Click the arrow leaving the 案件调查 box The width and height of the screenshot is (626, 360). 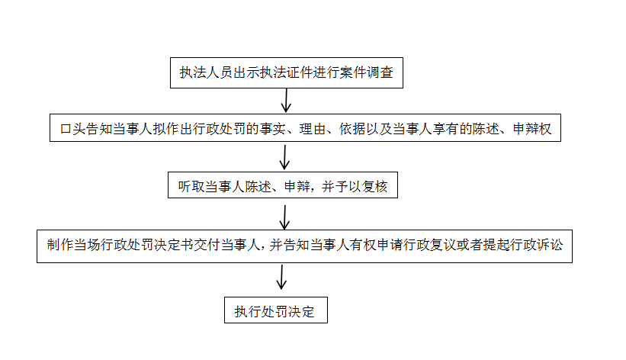[x=286, y=100]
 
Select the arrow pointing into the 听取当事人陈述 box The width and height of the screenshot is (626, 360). [x=284, y=157]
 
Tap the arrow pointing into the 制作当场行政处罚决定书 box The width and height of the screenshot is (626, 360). [x=284, y=218]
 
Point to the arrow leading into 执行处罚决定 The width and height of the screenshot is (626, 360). [x=282, y=277]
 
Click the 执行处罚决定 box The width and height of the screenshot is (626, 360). [x=276, y=310]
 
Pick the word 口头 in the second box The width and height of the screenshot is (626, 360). [x=72, y=129]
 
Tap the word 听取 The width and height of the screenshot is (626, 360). [x=191, y=187]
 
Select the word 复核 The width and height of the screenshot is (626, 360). [x=374, y=187]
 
